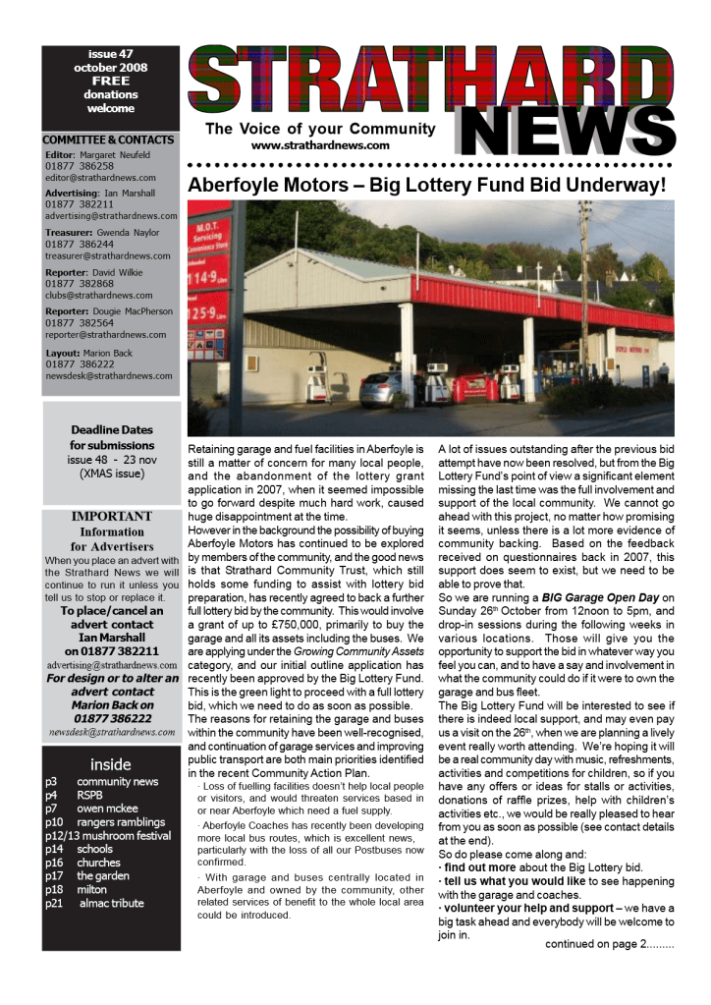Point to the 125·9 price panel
[207, 317]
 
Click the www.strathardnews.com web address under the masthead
[320, 145]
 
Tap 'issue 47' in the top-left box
[111, 54]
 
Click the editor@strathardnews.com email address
[100, 178]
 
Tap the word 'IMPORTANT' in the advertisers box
[111, 516]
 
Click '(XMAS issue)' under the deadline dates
[111, 473]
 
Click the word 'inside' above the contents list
[111, 763]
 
